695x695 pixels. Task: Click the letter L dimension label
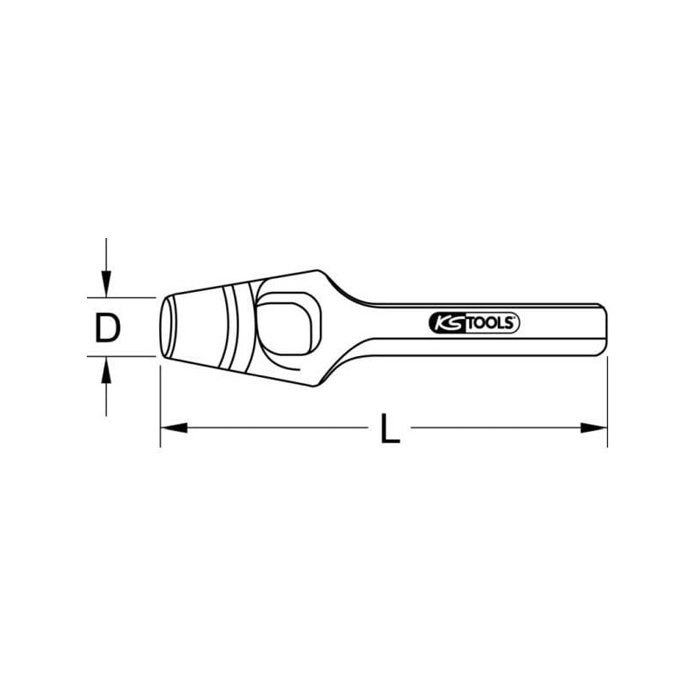click(390, 429)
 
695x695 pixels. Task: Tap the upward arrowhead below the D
click(106, 372)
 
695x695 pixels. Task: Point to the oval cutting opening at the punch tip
click(165, 327)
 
